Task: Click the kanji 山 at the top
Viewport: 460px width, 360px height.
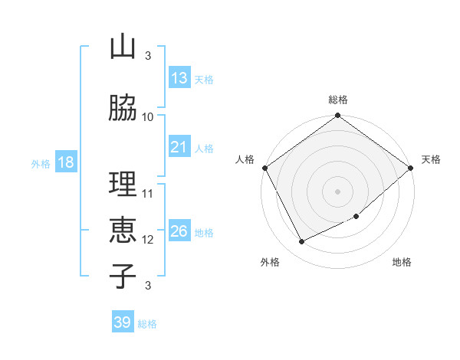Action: pos(122,47)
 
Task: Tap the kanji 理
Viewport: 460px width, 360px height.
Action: pos(122,185)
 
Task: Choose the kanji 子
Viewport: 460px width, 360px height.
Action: pos(122,275)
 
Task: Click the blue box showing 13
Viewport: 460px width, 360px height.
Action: pos(179,78)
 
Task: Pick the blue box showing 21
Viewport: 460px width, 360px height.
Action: pos(179,147)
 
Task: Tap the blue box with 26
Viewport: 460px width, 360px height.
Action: pos(179,231)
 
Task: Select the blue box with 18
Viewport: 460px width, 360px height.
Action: pos(64,162)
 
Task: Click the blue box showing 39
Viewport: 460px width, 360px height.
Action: pos(123,322)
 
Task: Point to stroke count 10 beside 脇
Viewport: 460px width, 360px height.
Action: pos(148,116)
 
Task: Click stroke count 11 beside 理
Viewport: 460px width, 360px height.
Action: pos(148,193)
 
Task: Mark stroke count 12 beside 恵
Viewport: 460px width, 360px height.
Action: pos(148,239)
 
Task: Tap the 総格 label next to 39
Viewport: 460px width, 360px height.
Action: pos(147,324)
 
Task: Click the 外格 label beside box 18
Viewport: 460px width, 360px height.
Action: pos(40,163)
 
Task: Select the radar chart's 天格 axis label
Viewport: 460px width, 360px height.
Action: pos(431,159)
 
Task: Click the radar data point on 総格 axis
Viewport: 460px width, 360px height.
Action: pos(337,116)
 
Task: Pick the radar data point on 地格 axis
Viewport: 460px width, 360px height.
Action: pos(356,217)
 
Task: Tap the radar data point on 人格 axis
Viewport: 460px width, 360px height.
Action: pos(264,168)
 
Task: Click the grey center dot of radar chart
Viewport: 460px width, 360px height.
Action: pos(337,191)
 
